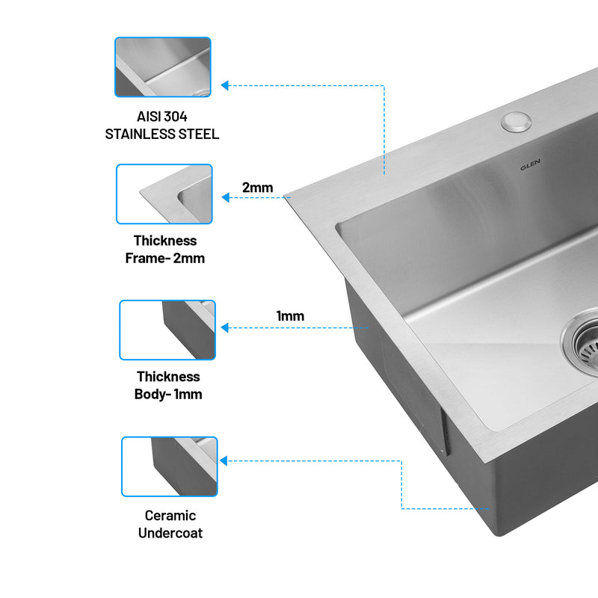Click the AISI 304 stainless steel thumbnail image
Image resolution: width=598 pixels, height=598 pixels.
163,67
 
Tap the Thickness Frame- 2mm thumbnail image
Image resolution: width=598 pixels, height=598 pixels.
164,194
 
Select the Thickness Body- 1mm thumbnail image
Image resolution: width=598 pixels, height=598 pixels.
167,330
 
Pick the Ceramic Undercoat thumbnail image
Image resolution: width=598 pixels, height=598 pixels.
169,466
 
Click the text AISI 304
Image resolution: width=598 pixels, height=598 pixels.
162,117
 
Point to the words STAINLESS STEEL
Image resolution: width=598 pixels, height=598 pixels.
162,135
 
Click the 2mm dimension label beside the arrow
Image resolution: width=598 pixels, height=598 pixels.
257,188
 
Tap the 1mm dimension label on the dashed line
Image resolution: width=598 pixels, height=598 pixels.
290,316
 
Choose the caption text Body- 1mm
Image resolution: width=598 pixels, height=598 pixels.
168,394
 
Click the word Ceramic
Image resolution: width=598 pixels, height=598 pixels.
170,516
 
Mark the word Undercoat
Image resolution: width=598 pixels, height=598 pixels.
170,533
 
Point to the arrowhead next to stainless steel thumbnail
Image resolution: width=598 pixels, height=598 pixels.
225,85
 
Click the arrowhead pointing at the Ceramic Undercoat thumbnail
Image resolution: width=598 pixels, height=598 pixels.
224,461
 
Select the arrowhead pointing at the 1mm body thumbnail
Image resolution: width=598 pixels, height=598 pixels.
224,327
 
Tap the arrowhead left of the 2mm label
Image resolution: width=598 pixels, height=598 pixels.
226,197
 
